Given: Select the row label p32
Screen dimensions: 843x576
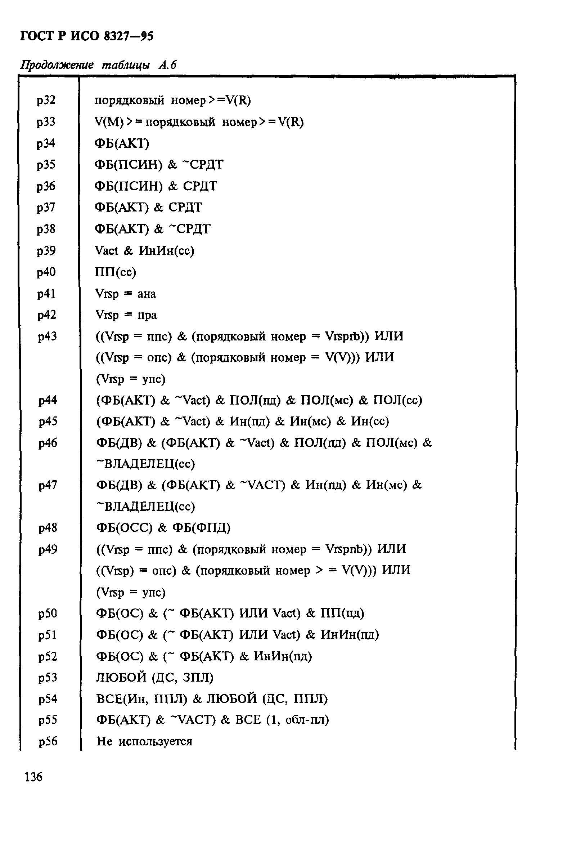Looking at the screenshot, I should point(46,100).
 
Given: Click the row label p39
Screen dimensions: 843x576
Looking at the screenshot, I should point(46,251).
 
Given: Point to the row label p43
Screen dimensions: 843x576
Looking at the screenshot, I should point(48,336).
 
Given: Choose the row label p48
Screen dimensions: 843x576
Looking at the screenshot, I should point(48,528).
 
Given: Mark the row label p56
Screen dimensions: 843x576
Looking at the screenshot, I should point(48,741).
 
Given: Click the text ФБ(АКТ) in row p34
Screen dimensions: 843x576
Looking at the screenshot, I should point(122,144).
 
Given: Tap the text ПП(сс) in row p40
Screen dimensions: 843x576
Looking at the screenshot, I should point(115,272).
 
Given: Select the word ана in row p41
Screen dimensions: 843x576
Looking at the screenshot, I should point(147,294).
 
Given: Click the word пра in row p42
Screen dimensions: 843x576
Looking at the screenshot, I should point(147,315).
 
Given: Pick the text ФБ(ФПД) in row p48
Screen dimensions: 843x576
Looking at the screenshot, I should point(202,528).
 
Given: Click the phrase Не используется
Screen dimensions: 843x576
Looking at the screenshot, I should point(144,741).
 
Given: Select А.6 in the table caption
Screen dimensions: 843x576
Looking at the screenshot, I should point(167,65).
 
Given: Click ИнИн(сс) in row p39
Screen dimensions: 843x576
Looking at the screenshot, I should point(166,251).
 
